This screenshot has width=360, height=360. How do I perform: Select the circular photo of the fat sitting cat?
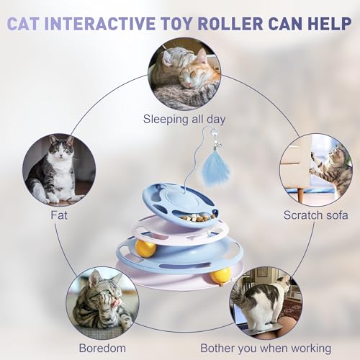click(57, 168)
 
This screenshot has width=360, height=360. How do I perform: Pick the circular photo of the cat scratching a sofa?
click(315, 168)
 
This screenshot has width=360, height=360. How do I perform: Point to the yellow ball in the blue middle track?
click(146, 250)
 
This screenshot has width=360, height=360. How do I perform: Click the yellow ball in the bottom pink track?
click(220, 275)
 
